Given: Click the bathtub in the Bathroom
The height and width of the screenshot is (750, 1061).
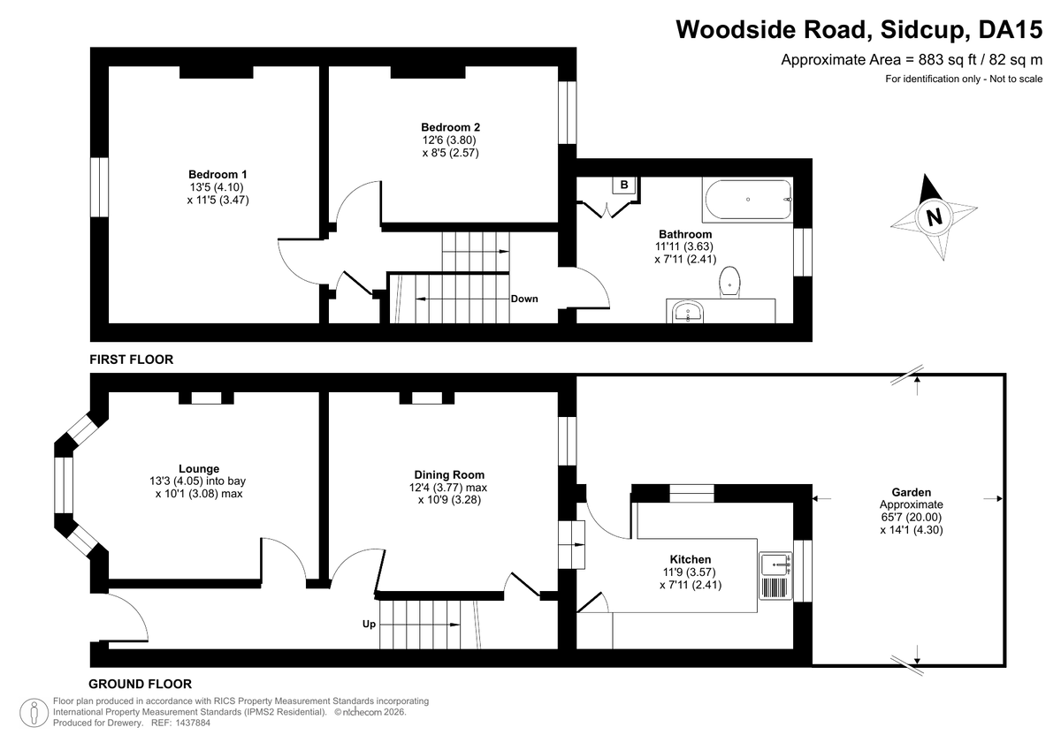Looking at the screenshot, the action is [x=748, y=200].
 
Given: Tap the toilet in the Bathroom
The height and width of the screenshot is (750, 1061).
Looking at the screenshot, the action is [x=730, y=282].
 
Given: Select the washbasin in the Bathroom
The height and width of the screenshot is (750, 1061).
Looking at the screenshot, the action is [x=688, y=313].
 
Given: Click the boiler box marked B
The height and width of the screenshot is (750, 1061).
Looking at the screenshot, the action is [x=624, y=185].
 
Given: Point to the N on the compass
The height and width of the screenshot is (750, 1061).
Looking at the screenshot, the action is [x=934, y=217].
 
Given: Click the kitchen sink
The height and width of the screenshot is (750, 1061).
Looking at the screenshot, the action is [x=775, y=575].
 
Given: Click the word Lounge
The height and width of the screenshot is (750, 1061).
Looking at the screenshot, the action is [x=199, y=468].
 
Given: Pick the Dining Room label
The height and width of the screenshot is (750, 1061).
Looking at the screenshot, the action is [x=449, y=474].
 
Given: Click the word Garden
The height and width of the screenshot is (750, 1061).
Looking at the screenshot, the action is [x=912, y=492].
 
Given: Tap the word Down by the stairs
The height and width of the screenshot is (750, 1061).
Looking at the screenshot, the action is [x=524, y=299].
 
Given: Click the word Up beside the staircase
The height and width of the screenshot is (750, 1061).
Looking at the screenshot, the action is [x=369, y=625].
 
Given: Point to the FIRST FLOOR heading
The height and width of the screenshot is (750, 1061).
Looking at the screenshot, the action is [x=131, y=360].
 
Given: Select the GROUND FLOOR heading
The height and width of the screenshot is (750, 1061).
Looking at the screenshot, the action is [x=141, y=684].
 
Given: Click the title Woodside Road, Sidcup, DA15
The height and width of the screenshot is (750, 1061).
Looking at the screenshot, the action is [x=859, y=29].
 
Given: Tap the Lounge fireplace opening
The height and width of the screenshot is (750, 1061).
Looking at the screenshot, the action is [x=206, y=398].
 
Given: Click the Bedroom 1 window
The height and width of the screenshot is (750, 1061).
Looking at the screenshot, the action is [x=99, y=187].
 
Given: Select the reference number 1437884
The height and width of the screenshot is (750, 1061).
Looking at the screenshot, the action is [x=193, y=723].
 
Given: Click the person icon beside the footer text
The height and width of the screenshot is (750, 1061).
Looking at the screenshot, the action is [x=34, y=713].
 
